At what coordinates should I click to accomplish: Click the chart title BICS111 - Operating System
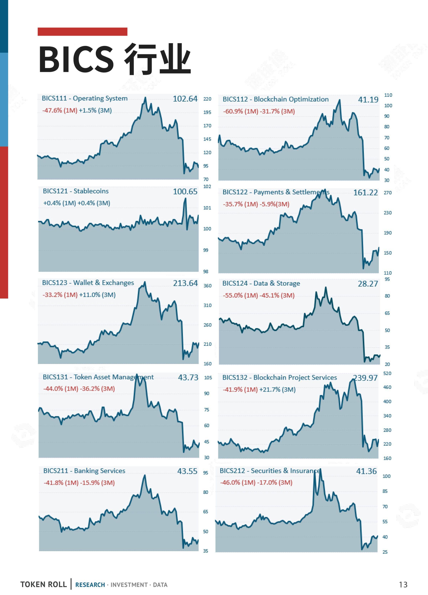point(85,98)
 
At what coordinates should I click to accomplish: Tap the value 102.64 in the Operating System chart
point(185,99)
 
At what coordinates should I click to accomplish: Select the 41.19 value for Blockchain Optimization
point(368,100)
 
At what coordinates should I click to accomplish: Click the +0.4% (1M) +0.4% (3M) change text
point(77,203)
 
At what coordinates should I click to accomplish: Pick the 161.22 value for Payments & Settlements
point(366,193)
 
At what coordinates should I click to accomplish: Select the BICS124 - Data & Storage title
point(261,283)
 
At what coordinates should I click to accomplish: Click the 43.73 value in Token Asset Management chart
point(188,377)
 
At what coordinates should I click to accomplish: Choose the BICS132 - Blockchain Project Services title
point(280,377)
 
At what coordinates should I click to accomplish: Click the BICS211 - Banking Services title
point(84,471)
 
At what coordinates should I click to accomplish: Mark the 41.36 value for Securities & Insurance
point(366,471)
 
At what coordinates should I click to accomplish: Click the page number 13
point(403,584)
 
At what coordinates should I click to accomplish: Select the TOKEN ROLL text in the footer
point(44,584)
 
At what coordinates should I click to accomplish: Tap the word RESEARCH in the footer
point(90,585)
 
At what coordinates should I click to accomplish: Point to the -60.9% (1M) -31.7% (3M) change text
point(259,111)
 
